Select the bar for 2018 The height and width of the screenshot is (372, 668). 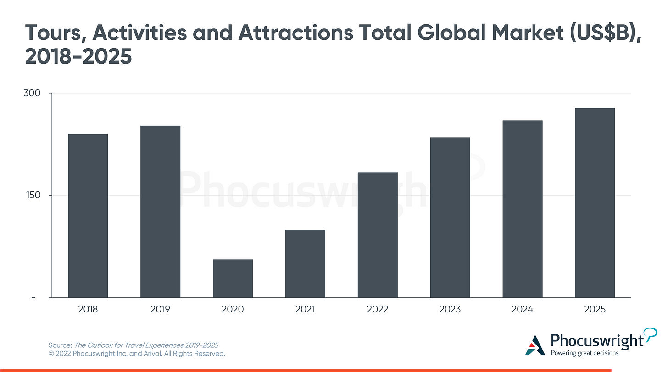click(88, 215)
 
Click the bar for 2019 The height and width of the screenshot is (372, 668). click(160, 211)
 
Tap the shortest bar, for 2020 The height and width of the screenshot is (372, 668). click(233, 278)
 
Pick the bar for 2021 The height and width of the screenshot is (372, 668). click(305, 263)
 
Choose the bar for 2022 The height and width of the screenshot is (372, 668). click(378, 235)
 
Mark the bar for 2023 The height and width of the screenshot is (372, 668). click(450, 217)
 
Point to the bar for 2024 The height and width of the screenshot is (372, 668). click(523, 209)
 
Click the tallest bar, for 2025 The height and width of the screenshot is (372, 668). click(595, 202)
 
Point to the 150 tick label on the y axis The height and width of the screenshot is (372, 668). click(32, 196)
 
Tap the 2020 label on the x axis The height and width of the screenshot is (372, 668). click(233, 310)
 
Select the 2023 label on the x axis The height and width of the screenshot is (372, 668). click(450, 310)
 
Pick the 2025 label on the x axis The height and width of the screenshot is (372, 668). click(595, 310)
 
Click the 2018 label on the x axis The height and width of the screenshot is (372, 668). click(88, 310)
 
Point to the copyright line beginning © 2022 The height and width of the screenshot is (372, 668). click(137, 354)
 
